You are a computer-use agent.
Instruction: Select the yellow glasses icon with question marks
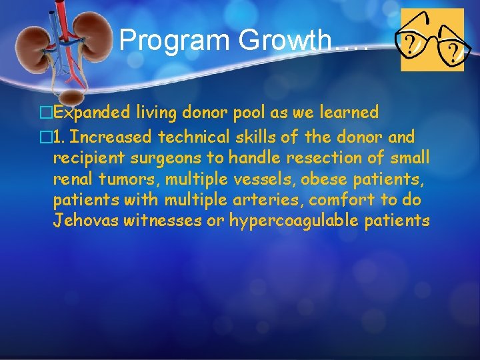tap(431, 40)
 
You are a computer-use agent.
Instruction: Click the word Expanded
tap(91, 113)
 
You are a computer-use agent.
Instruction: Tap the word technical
tap(188, 137)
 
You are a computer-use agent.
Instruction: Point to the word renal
tap(72, 179)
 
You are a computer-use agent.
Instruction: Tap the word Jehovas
tap(86, 220)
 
